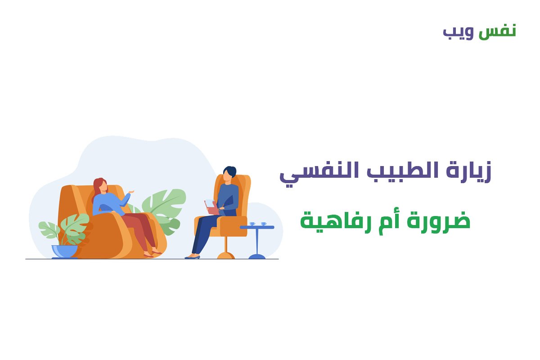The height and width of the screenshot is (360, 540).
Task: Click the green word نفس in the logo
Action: pyautogui.click(x=497, y=32)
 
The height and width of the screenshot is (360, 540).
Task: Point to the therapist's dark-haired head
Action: pyautogui.click(x=229, y=173)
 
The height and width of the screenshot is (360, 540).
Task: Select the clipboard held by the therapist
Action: pyautogui.click(x=211, y=207)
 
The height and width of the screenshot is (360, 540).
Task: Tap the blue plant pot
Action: pyautogui.click(x=64, y=251)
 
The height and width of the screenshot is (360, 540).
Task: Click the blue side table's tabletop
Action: pyautogui.click(x=257, y=227)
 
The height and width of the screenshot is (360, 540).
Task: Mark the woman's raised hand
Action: pyautogui.click(x=131, y=192)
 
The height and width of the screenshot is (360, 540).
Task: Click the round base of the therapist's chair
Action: pyautogui.click(x=226, y=256)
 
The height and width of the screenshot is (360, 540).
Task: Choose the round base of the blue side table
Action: pyautogui.click(x=257, y=256)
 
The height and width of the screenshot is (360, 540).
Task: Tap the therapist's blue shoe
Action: pyautogui.click(x=192, y=257)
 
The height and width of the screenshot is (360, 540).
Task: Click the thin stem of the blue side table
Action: pyautogui.click(x=257, y=242)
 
